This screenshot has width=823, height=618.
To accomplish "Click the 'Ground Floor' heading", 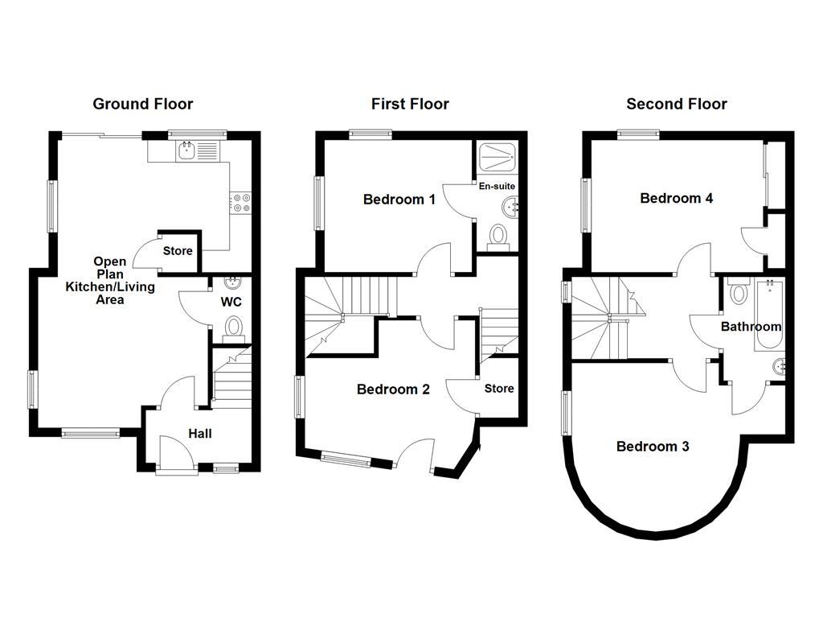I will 143,104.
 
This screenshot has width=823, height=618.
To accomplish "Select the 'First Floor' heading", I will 410,104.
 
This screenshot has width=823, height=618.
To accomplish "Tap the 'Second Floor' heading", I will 677,104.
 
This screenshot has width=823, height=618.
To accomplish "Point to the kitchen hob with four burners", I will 241,202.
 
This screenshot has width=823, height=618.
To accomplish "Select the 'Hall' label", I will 200,434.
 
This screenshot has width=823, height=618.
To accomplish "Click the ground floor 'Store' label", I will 178,251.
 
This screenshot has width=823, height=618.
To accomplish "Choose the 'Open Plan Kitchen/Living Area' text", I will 109,281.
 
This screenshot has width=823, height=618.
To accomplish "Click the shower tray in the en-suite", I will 498,158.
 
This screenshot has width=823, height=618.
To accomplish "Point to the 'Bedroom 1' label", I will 399,199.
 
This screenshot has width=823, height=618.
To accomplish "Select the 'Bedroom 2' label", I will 393,389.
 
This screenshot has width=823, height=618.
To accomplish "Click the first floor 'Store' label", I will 499,389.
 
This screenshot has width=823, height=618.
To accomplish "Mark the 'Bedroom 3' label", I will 653,447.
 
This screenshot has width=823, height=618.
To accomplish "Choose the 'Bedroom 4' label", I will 676,198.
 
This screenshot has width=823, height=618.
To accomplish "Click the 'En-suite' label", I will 497,187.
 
